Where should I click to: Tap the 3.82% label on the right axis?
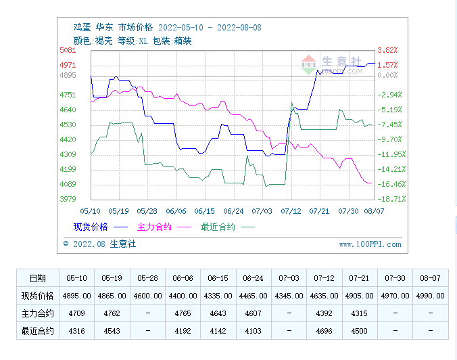click(x=387, y=50)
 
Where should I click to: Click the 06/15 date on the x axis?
click(x=204, y=211)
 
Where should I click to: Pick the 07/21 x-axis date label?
click(x=318, y=211)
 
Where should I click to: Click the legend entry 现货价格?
click(x=91, y=227)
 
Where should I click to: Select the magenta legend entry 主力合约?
click(x=154, y=227)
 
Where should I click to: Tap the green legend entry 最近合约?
click(x=218, y=227)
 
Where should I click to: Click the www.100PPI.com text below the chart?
click(x=370, y=244)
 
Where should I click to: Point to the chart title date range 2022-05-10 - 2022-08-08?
click(x=210, y=28)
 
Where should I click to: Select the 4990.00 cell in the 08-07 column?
click(x=431, y=296)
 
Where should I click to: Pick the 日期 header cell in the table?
click(x=38, y=278)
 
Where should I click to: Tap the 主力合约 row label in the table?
click(x=38, y=313)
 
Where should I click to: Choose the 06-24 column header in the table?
click(x=254, y=278)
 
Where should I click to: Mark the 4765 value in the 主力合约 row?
click(x=183, y=313)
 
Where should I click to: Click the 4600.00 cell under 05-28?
click(x=147, y=296)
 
